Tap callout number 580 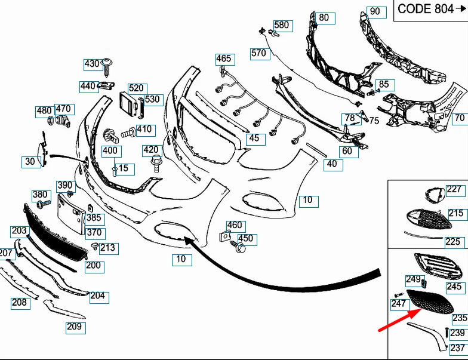coord(282,25)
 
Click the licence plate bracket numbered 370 coord(70,213)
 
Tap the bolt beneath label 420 coord(156,164)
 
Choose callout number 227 coord(454,189)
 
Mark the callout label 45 coord(254,139)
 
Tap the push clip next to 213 coord(95,246)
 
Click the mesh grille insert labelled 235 coord(430,301)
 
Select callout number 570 coord(258,53)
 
